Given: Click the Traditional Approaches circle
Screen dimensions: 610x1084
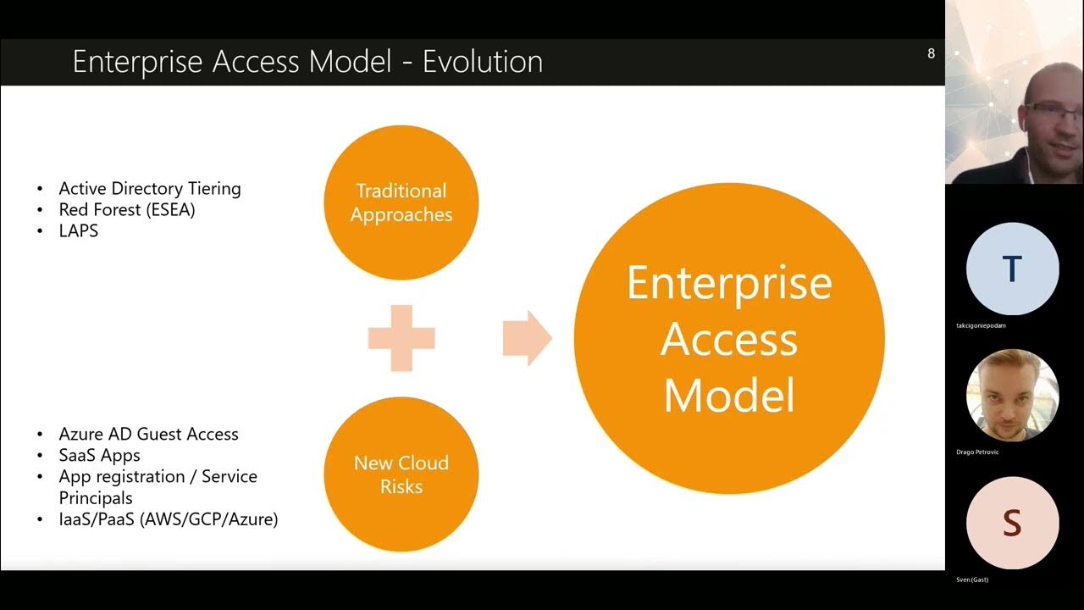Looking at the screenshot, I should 401,202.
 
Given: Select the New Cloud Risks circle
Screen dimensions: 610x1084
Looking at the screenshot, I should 401,474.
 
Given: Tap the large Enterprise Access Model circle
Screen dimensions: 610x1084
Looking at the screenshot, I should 729,338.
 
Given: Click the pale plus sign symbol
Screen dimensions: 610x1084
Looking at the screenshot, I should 401,338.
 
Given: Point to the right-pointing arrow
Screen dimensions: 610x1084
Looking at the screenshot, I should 527,338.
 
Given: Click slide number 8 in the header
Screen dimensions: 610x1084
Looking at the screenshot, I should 931,53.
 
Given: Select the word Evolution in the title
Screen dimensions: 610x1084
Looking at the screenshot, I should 483,62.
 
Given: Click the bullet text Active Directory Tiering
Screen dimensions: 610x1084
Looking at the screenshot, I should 150,188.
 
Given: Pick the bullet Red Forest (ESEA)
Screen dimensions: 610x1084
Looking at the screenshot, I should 127,209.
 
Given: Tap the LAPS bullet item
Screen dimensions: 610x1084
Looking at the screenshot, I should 79,230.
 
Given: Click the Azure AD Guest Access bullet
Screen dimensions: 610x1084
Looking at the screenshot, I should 149,434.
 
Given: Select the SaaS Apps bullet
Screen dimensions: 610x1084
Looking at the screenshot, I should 100,455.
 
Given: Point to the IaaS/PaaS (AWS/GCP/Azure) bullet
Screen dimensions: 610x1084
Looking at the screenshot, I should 169,519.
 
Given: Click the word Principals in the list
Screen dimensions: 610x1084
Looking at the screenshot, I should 96,498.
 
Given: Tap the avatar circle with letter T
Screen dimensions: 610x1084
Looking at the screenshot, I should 1012,269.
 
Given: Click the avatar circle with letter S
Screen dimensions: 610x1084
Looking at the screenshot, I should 1012,523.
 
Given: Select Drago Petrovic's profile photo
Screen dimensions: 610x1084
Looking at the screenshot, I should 1012,396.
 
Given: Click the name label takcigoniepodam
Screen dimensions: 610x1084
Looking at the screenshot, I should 981,325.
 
